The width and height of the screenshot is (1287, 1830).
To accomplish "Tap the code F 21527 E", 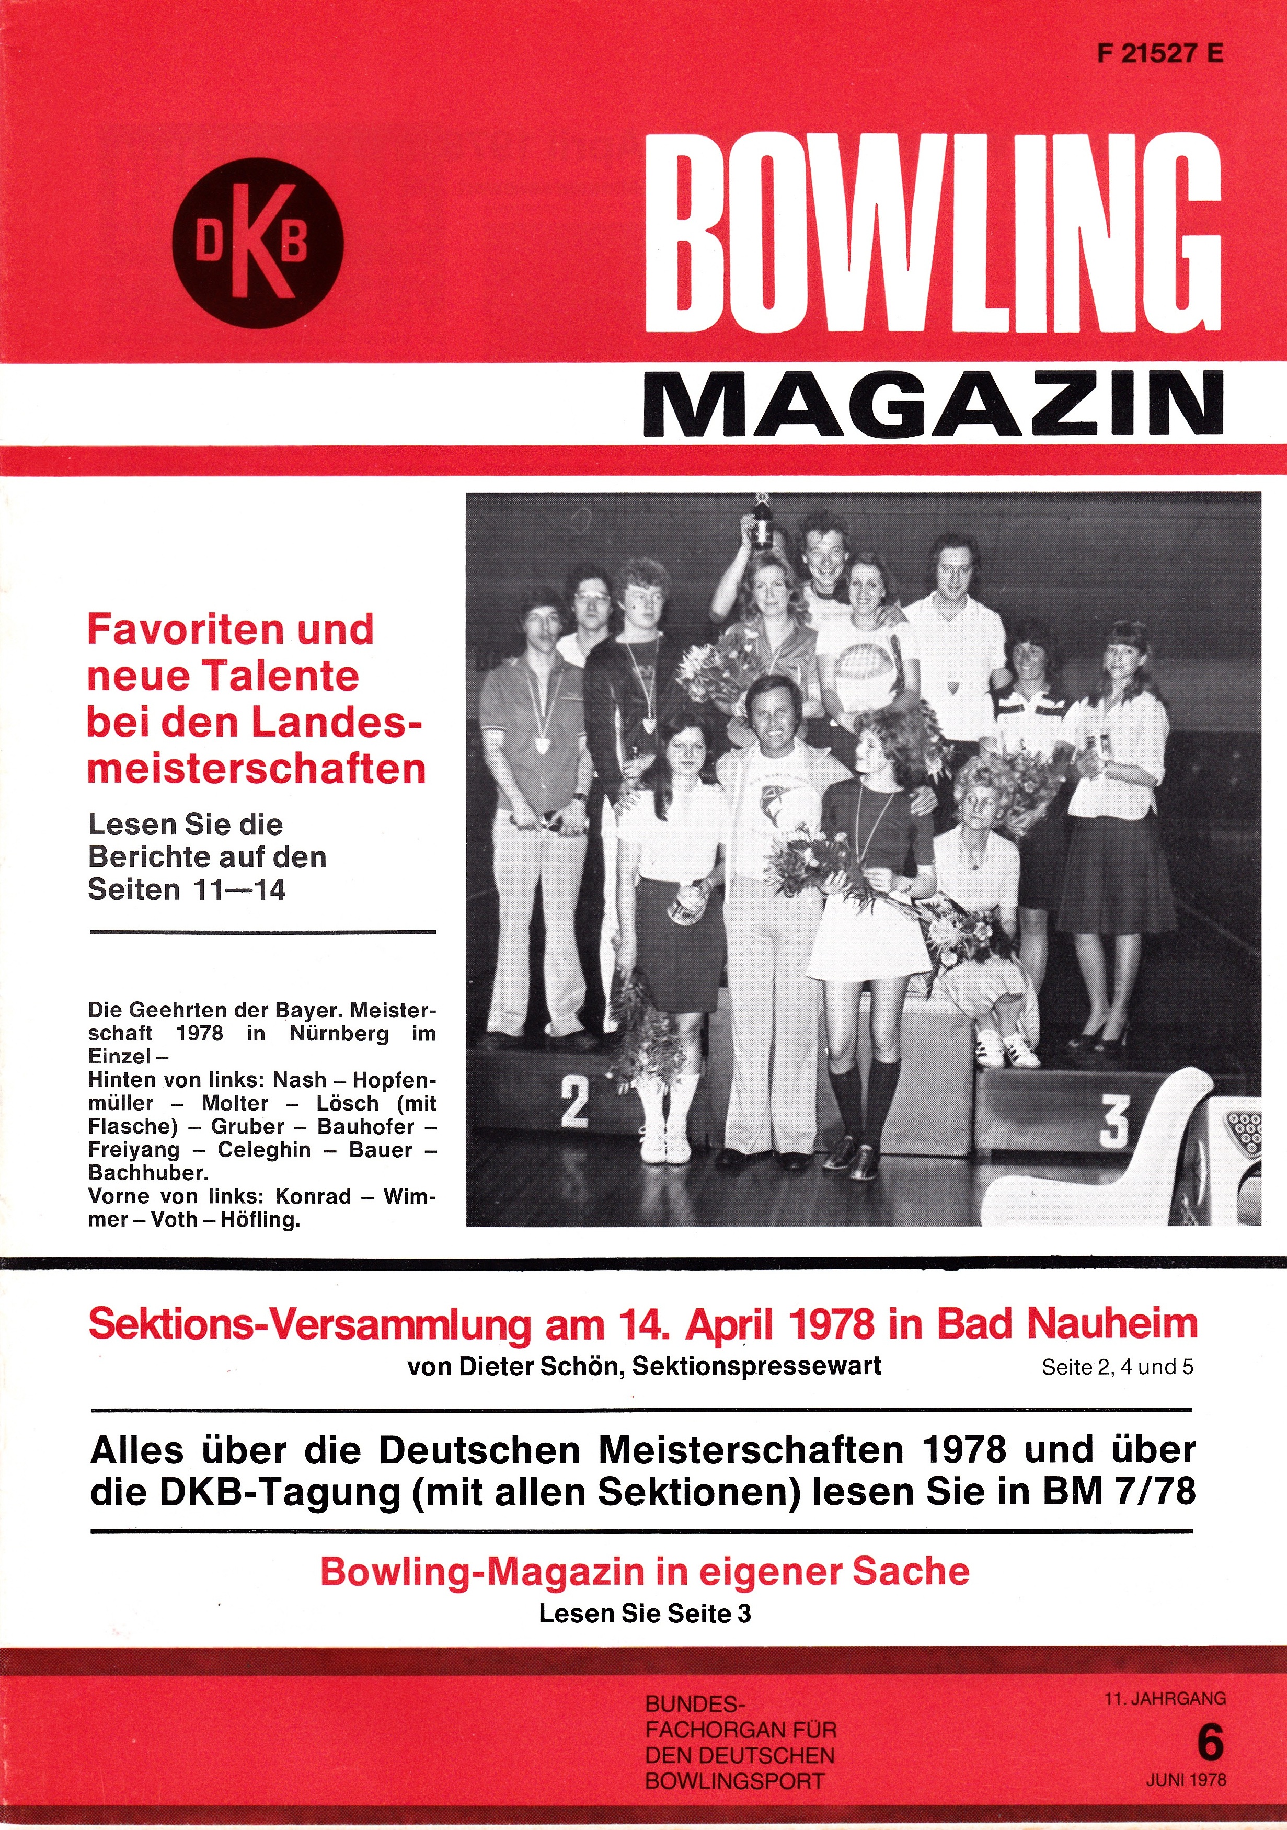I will (x=1159, y=53).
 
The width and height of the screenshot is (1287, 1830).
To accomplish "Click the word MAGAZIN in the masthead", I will (x=933, y=404).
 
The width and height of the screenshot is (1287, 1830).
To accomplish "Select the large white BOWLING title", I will (x=933, y=234).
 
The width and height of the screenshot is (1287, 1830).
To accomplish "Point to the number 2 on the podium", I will (x=574, y=1102).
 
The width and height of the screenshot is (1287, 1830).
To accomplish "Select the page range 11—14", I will (x=237, y=889).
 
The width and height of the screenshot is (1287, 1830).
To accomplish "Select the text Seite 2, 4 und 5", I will (x=1117, y=1367).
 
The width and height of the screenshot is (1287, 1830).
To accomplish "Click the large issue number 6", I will (x=1210, y=1744).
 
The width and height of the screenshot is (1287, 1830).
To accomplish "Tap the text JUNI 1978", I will (x=1186, y=1778).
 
